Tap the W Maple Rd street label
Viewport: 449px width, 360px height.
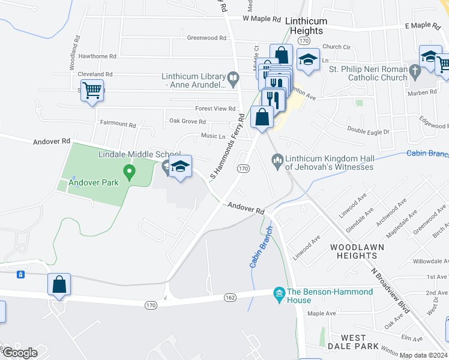tap(262, 19)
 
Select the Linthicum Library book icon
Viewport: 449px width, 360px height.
tap(234, 77)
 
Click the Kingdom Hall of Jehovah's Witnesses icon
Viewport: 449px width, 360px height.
tap(277, 159)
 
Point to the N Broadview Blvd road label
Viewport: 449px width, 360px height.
tap(390, 290)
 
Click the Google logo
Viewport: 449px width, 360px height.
tap(20, 353)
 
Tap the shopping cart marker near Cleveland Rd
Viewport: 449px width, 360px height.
tap(92, 91)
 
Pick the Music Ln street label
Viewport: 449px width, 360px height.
tap(212, 136)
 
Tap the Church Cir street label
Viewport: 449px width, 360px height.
tap(336, 46)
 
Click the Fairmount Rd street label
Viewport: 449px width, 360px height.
tap(118, 124)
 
